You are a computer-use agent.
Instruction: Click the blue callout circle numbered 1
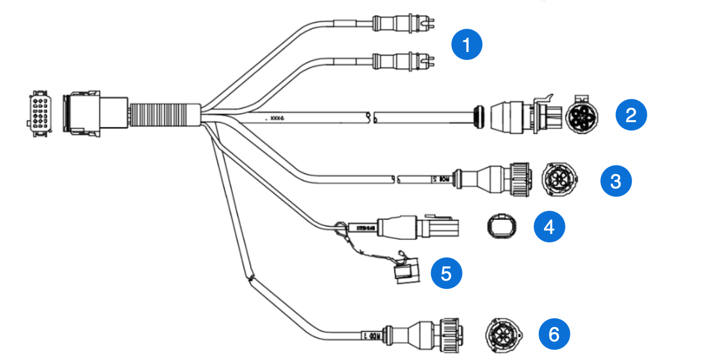467,45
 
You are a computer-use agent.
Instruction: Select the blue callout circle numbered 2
631,115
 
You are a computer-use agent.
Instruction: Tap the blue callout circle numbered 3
616,181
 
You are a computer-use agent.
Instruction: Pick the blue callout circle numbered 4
549,227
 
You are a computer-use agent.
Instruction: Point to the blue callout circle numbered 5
446,273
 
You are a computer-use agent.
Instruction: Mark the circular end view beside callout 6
502,334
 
